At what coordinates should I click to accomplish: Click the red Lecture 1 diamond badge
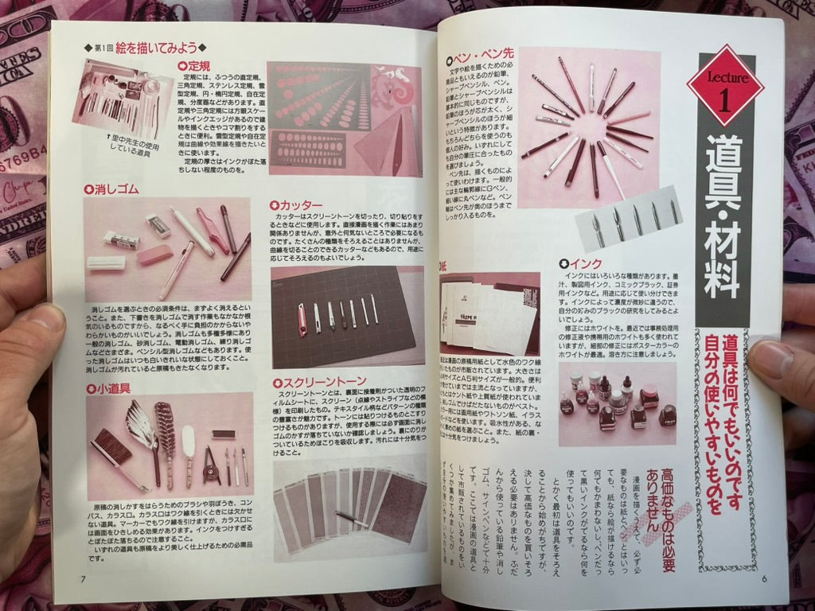coord(725,85)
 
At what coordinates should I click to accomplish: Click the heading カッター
coord(296,204)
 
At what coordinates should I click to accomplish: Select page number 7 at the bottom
coord(83,578)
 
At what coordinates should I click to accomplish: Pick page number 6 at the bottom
coord(762,578)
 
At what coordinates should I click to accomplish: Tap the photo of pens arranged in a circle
coord(587,126)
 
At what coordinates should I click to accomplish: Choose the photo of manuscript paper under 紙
coord(489,313)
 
